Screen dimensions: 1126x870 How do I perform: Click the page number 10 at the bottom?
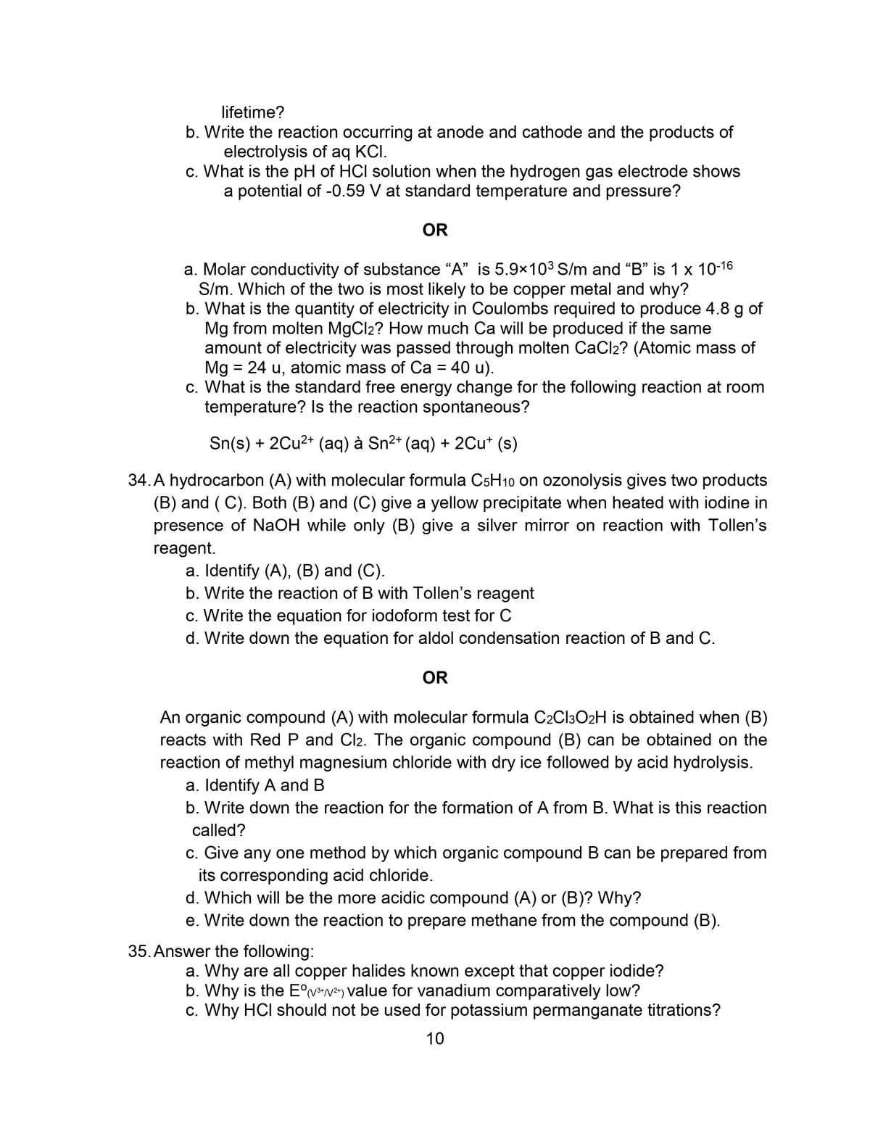point(435,1038)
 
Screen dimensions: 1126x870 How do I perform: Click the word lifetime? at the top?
point(252,112)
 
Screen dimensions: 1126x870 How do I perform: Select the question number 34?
point(137,481)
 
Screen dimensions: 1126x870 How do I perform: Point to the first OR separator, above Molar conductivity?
point(435,230)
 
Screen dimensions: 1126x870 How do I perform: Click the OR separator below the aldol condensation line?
point(435,677)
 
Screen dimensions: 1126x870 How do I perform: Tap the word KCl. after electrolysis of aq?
point(370,152)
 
